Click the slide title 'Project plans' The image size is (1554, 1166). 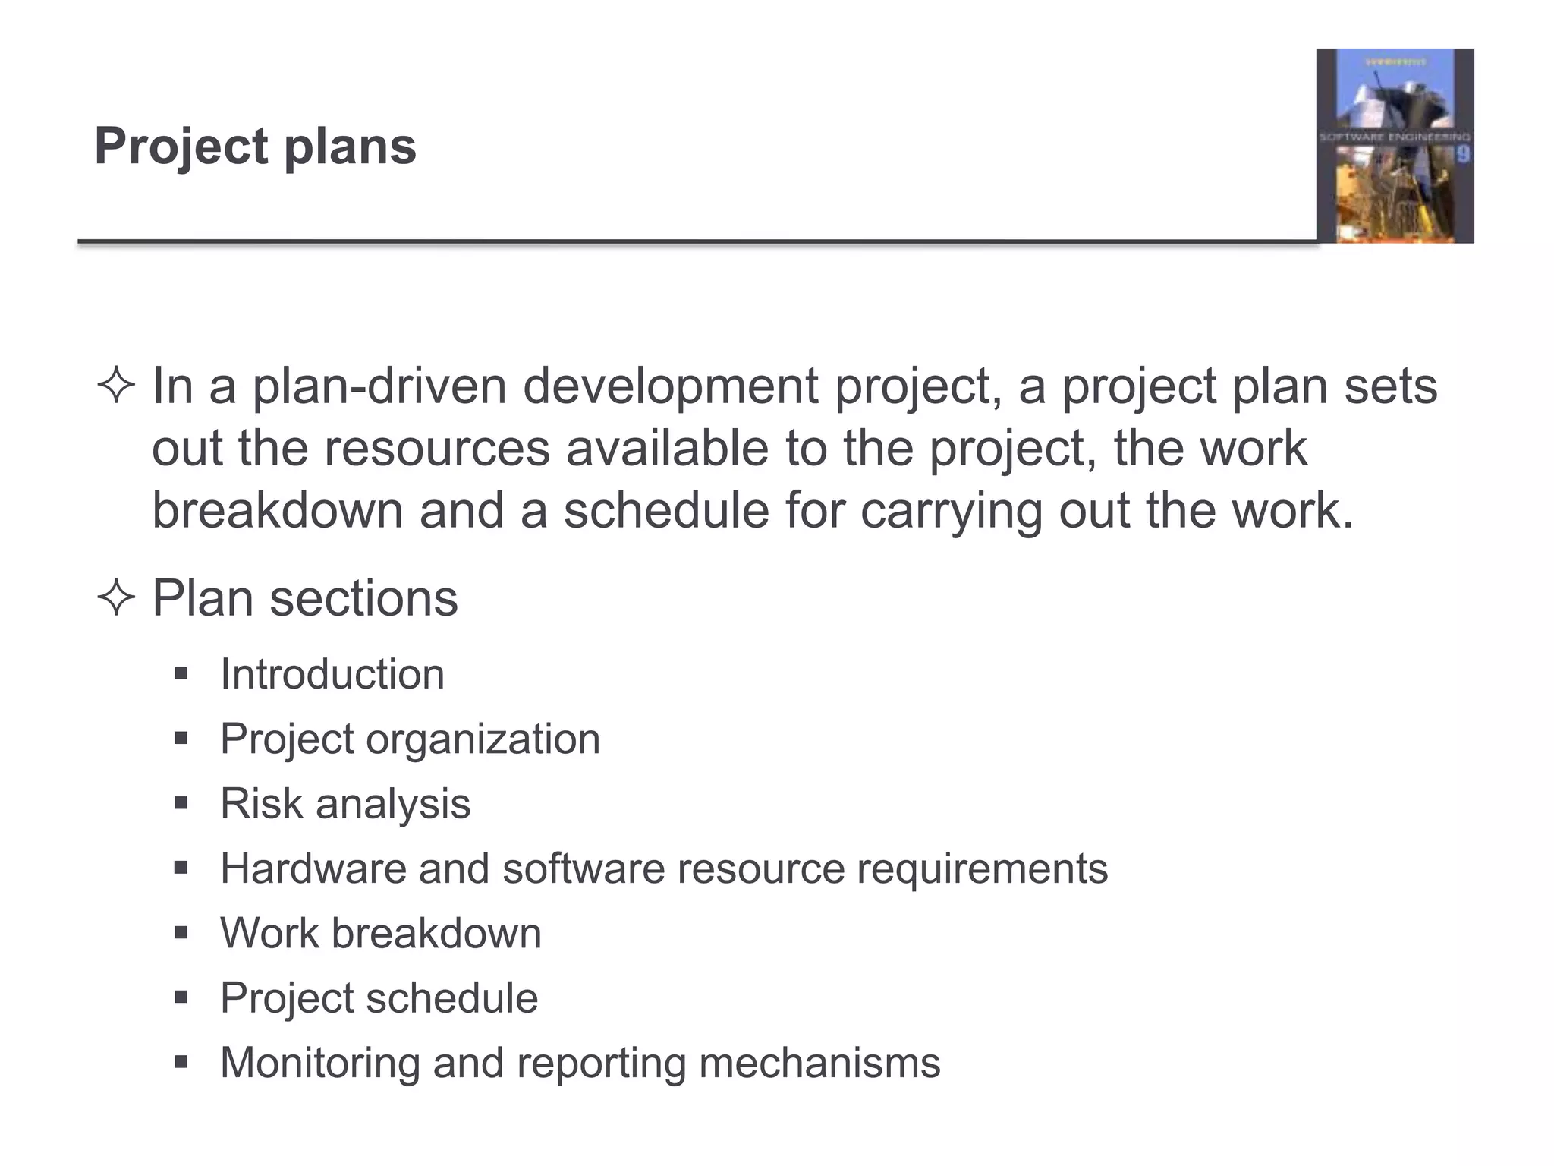coord(255,146)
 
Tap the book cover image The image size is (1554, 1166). coord(1395,146)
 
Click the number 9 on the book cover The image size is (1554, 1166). coord(1462,155)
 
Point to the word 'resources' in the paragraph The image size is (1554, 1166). coord(436,449)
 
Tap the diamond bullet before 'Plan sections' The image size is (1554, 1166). coord(116,598)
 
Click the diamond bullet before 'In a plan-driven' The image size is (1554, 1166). coord(116,386)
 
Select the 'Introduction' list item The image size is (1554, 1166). coord(332,674)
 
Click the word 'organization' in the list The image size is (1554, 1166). coord(483,739)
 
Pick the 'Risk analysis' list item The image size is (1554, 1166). coord(345,803)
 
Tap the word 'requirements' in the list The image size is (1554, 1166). coord(982,868)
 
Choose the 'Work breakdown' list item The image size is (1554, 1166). coord(381,933)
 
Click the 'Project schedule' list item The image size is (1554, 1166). coord(379,997)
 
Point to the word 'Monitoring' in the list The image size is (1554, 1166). coord(319,1063)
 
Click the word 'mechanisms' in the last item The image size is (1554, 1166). coord(819,1063)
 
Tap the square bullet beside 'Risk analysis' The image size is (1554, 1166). coord(181,803)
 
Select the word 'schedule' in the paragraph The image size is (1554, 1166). coord(665,511)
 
